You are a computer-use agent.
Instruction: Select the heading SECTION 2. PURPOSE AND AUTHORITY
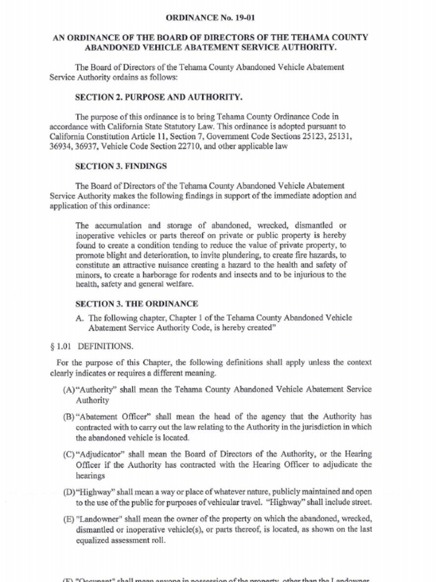tap(154, 97)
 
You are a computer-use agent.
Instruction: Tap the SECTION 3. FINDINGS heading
tap(121, 167)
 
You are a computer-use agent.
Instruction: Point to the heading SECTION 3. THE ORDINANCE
tap(137, 304)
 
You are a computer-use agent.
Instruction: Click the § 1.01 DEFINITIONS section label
tap(91, 346)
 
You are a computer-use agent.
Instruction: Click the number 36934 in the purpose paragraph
tap(61, 146)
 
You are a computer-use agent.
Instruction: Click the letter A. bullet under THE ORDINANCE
tap(80, 318)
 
